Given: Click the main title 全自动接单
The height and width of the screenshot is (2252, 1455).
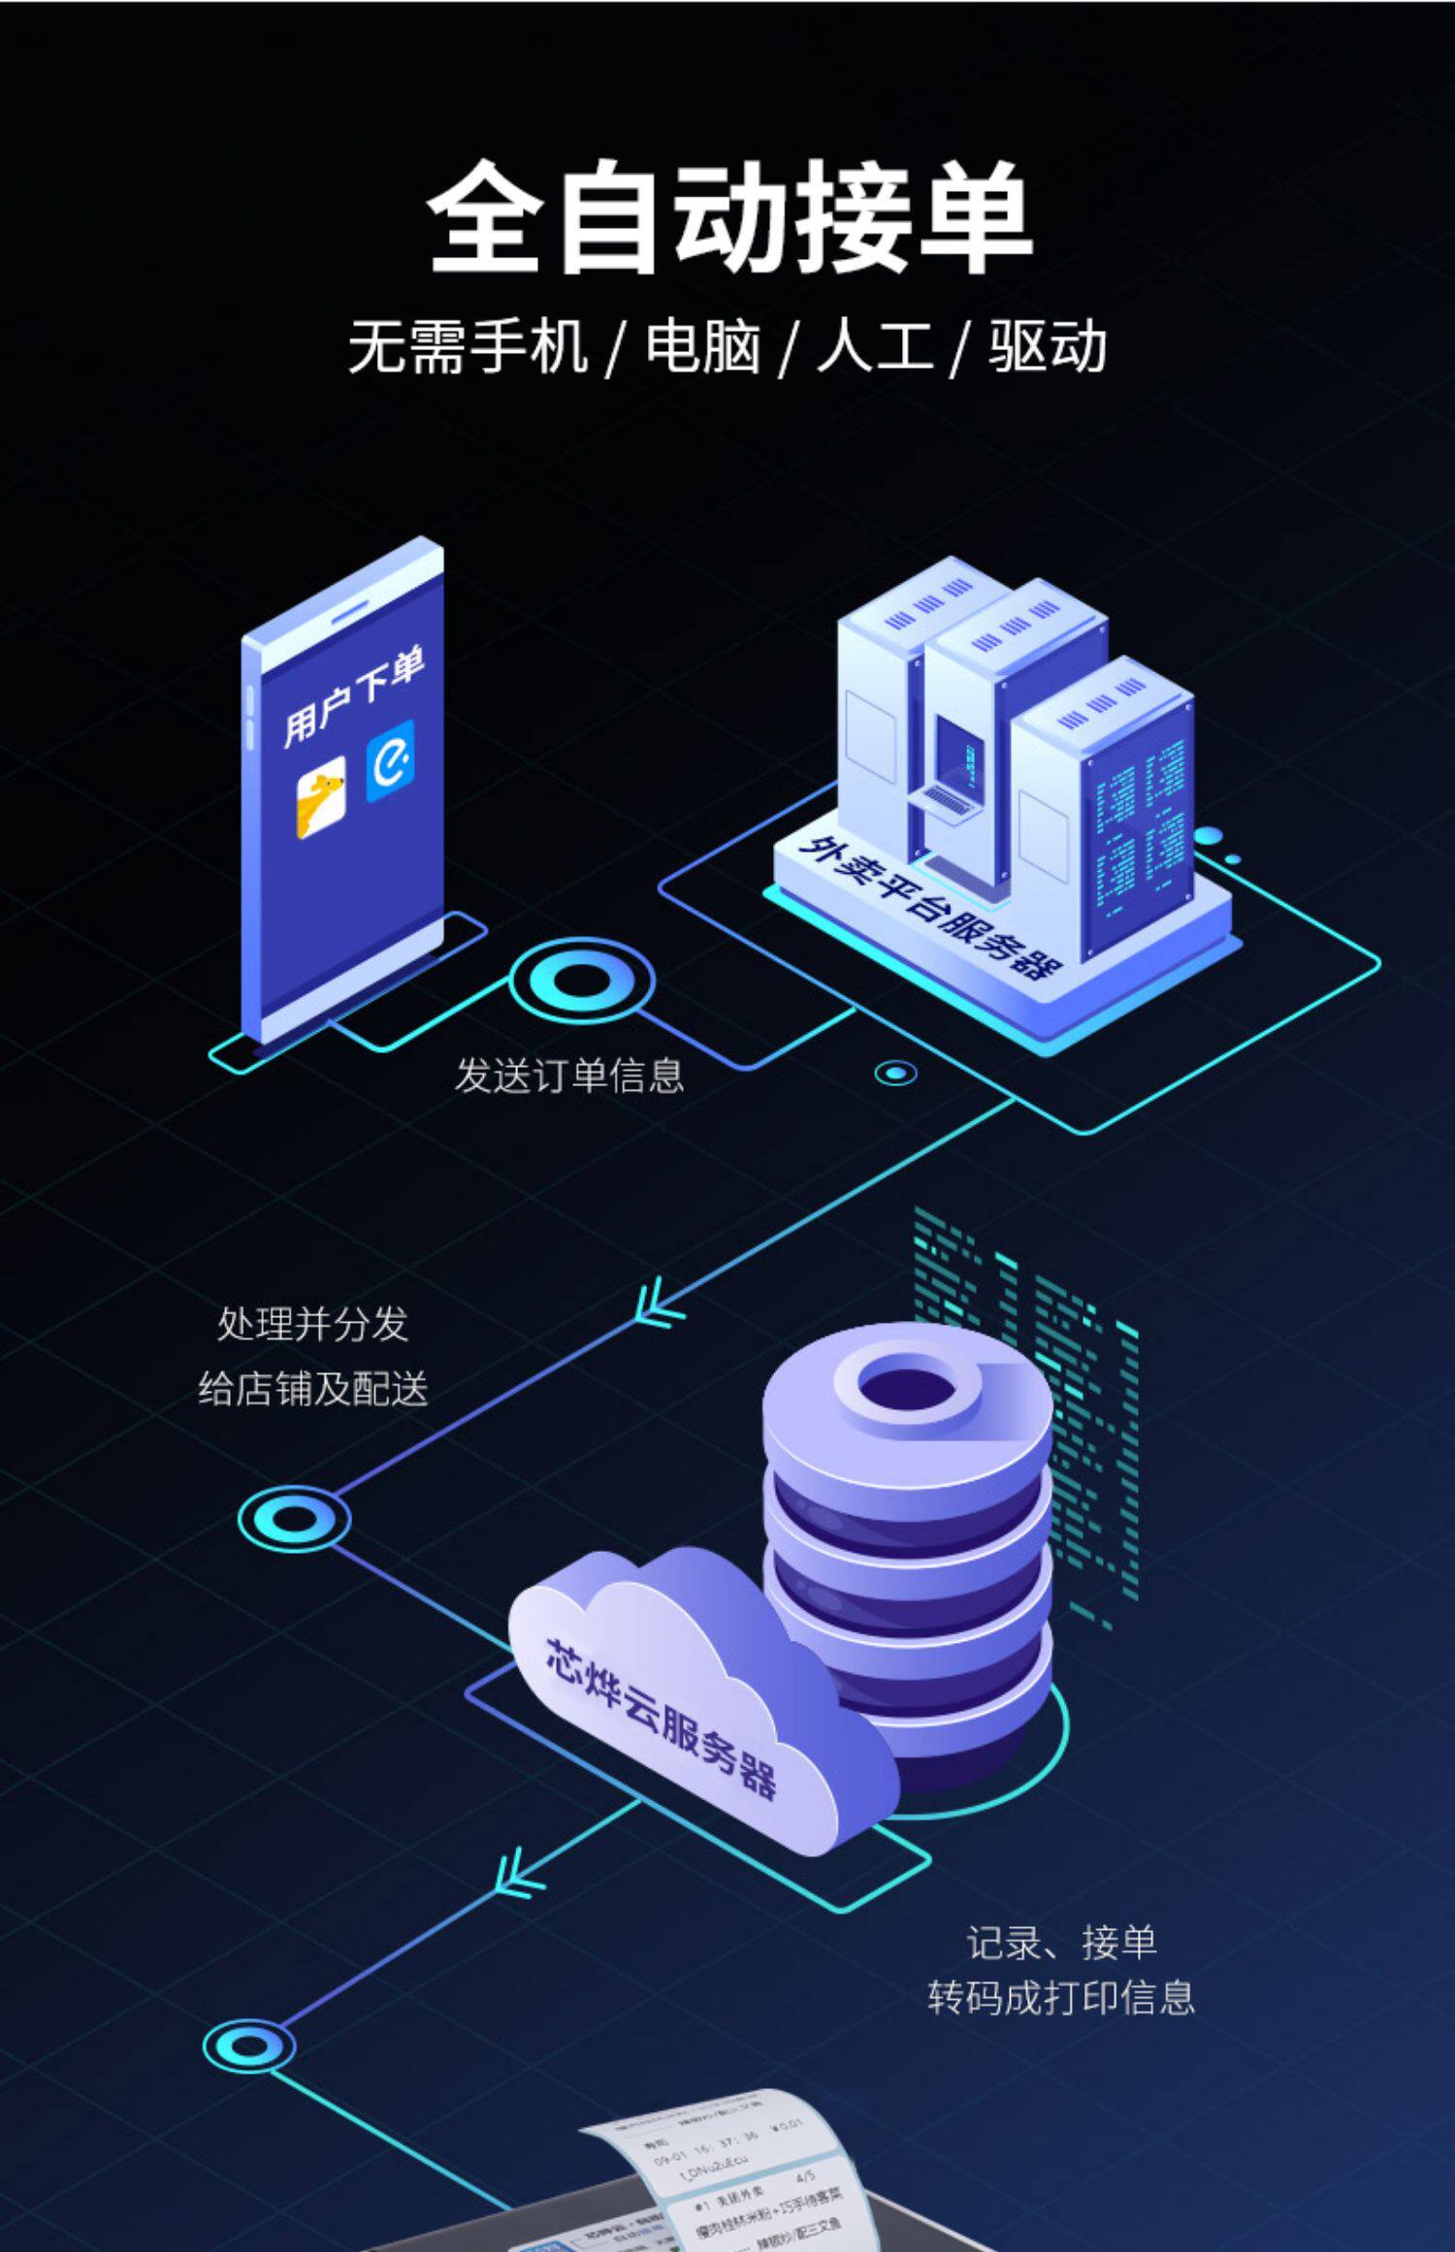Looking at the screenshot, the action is pyautogui.click(x=729, y=217).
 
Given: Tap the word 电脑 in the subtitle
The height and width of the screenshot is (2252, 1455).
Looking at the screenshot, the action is pyautogui.click(x=703, y=346).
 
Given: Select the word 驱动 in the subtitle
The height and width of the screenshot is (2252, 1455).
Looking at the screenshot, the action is pyautogui.click(x=1048, y=346).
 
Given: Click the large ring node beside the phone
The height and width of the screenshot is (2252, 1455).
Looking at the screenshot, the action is pyautogui.click(x=582, y=981).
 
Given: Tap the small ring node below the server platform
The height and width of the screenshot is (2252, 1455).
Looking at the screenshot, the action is pyautogui.click(x=895, y=1073).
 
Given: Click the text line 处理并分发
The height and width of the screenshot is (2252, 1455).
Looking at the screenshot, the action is pyautogui.click(x=312, y=1324).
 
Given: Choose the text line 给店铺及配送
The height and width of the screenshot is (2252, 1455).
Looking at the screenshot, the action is pyautogui.click(x=312, y=1389).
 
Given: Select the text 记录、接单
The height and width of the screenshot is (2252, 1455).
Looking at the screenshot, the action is pyautogui.click(x=1061, y=1942).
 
